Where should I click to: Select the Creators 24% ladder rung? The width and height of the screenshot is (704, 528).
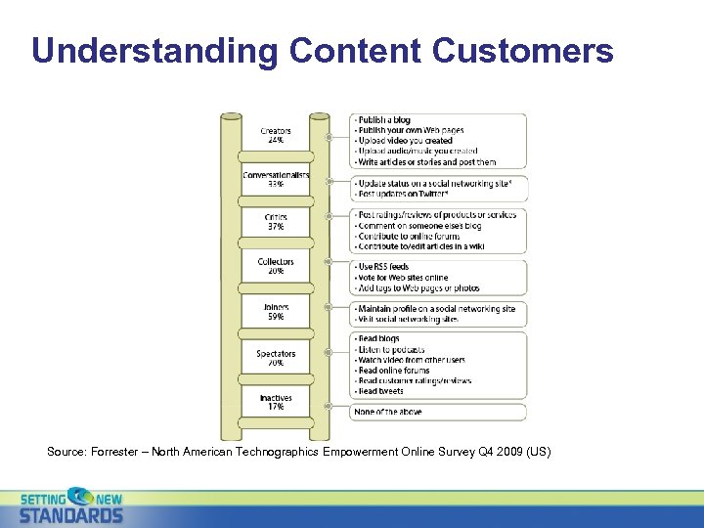(x=276, y=136)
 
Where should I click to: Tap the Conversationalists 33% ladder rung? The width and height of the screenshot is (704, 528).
(x=276, y=180)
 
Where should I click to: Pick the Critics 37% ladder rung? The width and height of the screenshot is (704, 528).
(x=276, y=222)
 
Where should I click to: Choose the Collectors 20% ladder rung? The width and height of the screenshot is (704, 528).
(x=276, y=267)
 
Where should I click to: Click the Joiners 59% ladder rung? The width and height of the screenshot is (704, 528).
(x=276, y=312)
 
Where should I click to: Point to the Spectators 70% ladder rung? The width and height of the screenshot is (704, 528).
(x=276, y=358)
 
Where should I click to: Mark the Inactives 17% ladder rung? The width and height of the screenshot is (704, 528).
(x=276, y=402)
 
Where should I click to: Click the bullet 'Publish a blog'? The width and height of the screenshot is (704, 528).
(x=384, y=120)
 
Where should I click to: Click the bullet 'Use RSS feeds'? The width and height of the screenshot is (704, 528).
(x=383, y=267)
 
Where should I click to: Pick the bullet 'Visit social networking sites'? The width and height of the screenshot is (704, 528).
(x=409, y=320)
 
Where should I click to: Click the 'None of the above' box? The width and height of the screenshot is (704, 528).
(x=390, y=413)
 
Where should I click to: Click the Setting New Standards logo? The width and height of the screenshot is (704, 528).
(x=72, y=506)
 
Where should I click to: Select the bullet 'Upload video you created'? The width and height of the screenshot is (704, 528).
(x=405, y=141)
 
